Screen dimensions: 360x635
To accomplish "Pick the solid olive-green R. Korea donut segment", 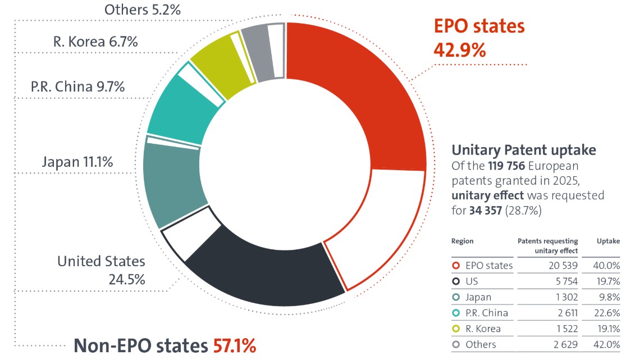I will [211, 62].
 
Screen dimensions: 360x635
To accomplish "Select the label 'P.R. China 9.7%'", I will [77, 87].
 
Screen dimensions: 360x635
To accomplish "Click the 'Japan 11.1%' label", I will [77, 162].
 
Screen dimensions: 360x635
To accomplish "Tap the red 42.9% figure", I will [459, 50].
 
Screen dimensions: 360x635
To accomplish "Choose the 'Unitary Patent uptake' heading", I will [523, 150].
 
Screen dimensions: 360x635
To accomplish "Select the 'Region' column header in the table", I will [462, 241].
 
